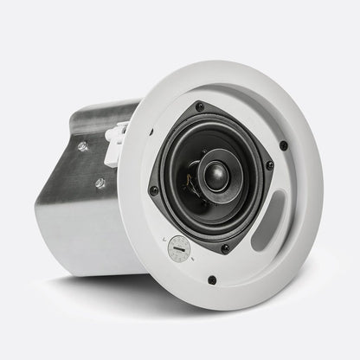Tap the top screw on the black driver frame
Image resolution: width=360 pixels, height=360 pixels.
pos(201,107)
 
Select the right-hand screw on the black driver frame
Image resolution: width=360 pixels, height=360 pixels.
pos(269,165)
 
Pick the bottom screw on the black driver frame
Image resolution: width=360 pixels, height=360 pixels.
pos(225,248)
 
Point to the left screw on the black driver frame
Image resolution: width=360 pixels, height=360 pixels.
pos(154,190)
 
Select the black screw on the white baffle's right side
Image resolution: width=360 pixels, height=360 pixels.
pos(284,145)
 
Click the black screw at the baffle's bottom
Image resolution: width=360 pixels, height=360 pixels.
pos(211,280)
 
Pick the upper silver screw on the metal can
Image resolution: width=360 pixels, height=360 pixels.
pos(82,146)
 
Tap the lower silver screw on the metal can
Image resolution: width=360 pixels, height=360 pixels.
pos(100,183)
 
